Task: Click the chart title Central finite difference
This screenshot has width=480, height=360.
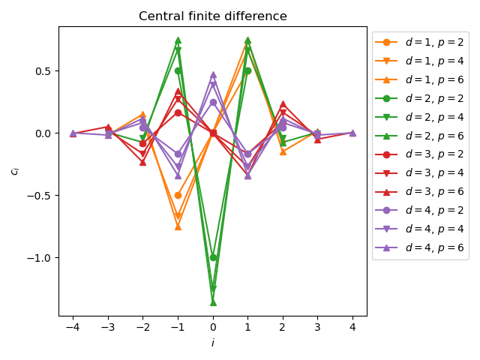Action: pyautogui.click(x=213, y=16)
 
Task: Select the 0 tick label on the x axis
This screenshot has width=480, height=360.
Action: pyautogui.click(x=213, y=328)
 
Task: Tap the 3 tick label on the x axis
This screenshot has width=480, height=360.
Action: pyautogui.click(x=317, y=328)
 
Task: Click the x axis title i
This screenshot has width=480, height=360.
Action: pyautogui.click(x=213, y=342)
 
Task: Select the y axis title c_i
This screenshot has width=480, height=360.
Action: pyautogui.click(x=14, y=171)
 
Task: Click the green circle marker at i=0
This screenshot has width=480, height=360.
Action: pyautogui.click(x=213, y=257)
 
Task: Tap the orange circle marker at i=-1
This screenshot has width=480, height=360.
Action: pyautogui.click(x=178, y=195)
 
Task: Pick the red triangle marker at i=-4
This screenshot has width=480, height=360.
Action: pyautogui.click(x=73, y=133)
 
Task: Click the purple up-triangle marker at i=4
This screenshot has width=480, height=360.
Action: pyautogui.click(x=352, y=133)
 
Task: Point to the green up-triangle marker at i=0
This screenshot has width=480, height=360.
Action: pyautogui.click(x=213, y=301)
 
